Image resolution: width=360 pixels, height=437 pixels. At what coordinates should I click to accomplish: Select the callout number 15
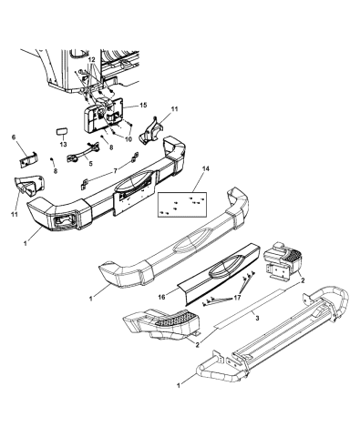click(x=144, y=107)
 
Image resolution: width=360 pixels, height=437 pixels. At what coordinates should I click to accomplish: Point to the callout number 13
click(x=63, y=144)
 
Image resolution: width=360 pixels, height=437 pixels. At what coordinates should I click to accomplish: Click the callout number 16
click(x=160, y=297)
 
